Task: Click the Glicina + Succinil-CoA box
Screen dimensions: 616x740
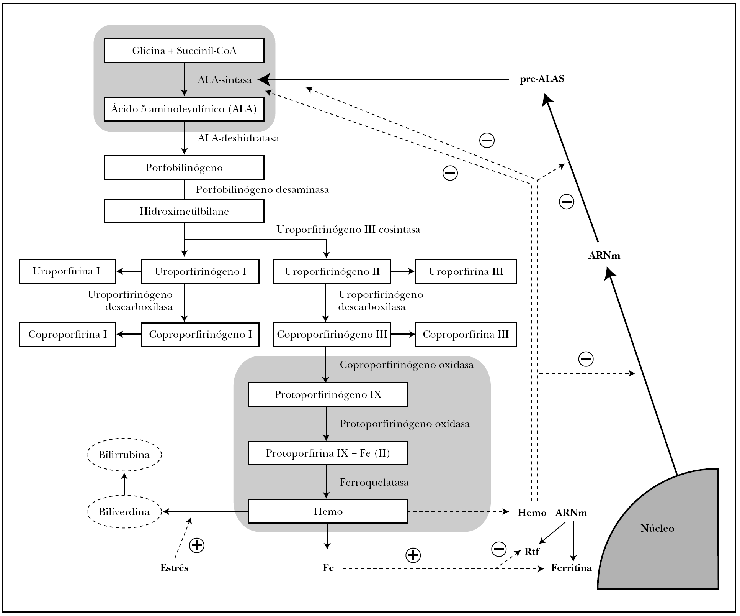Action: pos(184,51)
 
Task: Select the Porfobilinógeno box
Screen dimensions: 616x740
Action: pos(184,168)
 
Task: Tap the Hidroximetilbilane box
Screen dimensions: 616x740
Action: pos(184,211)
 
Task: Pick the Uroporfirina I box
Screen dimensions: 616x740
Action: pos(67,271)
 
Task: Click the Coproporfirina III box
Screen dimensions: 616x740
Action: pos(466,334)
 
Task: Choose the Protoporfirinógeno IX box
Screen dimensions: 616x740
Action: pos(328,395)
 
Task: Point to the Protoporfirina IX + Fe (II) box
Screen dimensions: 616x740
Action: pos(328,453)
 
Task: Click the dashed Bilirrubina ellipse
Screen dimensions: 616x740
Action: pos(124,455)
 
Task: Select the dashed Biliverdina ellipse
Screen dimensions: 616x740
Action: pos(124,512)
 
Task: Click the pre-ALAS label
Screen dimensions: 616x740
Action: pos(542,79)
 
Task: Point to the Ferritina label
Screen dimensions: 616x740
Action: pos(571,568)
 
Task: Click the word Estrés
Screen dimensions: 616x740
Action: pos(175,568)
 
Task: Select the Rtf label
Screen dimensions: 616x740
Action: pos(532,552)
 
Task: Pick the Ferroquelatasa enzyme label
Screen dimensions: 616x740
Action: pos(374,482)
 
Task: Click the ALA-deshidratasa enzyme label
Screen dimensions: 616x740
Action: pos(238,138)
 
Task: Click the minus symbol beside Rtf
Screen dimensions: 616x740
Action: pos(498,549)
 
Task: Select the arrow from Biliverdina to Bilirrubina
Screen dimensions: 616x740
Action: pos(124,484)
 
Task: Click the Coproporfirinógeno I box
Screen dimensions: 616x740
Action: pos(200,334)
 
